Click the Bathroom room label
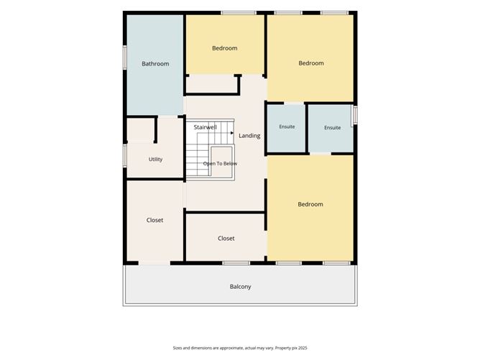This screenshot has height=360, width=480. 155,64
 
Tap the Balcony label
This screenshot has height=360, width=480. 240,287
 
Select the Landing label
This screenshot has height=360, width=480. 249,136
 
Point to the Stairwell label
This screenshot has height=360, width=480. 205,127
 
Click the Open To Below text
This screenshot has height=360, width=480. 220,163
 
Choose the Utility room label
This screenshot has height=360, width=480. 155,160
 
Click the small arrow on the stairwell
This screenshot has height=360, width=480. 231,133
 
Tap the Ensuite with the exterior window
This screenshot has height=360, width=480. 333,128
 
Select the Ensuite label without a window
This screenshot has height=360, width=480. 287,126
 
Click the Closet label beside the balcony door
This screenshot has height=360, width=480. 154,220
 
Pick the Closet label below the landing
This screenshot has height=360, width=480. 226,238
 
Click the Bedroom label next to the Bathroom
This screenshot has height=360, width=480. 225,48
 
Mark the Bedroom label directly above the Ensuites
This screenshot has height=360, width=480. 311,63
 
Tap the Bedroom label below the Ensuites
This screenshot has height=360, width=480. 310,204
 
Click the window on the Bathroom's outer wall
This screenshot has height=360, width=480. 125,57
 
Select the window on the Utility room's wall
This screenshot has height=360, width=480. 125,155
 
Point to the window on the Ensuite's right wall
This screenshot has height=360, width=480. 356,115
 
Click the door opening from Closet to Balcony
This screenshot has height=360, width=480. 154,263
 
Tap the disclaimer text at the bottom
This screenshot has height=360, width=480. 240,348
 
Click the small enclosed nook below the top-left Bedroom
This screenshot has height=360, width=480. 211,84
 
